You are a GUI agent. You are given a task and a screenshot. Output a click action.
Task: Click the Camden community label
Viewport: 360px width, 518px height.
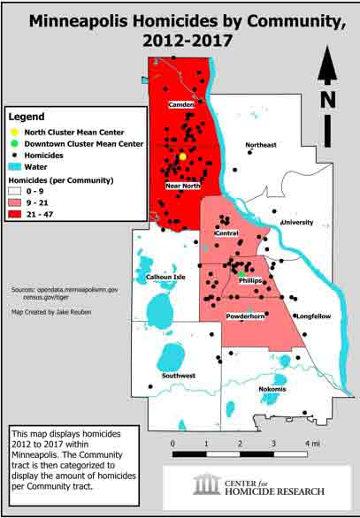pos(181,105)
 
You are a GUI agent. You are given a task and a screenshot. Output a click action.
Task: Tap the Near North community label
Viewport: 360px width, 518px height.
pos(182,187)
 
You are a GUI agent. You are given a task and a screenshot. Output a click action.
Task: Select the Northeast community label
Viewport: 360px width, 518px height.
pos(261,145)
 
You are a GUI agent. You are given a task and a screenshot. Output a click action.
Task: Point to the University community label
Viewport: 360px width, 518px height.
pos(297,223)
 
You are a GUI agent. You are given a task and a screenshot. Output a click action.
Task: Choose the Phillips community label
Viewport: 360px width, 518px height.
pos(250,280)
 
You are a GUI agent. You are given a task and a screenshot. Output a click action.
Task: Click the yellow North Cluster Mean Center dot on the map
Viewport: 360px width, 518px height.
pos(182,156)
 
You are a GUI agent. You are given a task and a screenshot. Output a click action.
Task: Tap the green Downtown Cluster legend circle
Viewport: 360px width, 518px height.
pos(15,142)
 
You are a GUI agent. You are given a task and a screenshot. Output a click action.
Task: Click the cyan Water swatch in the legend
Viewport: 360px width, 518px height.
pos(15,167)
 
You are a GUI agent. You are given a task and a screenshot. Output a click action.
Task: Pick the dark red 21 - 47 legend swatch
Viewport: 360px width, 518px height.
pos(15,213)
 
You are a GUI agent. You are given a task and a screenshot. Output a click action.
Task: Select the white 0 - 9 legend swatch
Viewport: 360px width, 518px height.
pos(15,190)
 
